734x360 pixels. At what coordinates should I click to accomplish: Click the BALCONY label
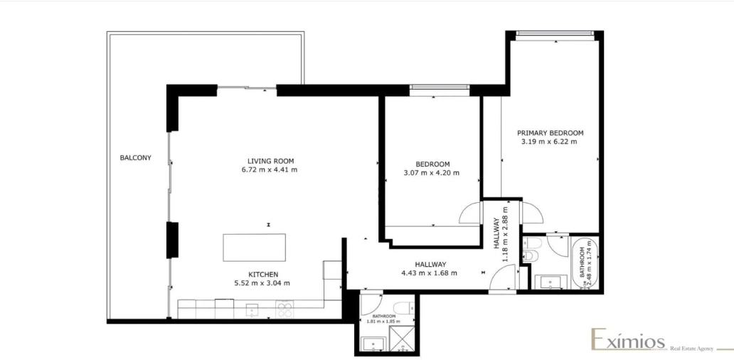point(136,158)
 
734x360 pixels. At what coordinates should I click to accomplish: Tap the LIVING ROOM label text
point(270,161)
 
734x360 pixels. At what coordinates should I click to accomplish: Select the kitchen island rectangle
point(254,248)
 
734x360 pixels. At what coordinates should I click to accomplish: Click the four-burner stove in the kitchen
point(284,309)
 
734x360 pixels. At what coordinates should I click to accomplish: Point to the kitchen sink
point(252,309)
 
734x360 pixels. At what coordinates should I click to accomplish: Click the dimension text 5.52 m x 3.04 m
point(262,283)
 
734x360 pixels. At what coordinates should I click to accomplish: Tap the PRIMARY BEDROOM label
point(550,132)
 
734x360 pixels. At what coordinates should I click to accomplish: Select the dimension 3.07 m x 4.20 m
point(431,172)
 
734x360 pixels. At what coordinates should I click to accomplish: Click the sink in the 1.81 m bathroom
point(373,345)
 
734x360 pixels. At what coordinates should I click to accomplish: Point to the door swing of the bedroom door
point(472,213)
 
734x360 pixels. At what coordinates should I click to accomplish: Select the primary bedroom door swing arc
point(531,212)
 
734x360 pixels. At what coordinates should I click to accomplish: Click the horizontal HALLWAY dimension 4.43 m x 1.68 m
point(429,272)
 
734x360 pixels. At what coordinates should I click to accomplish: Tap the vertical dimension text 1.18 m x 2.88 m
point(506,235)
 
